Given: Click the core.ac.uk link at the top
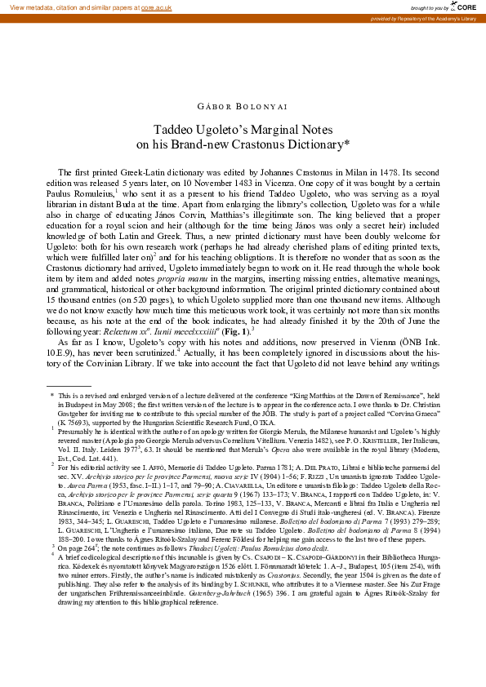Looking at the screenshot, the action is [157, 7].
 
